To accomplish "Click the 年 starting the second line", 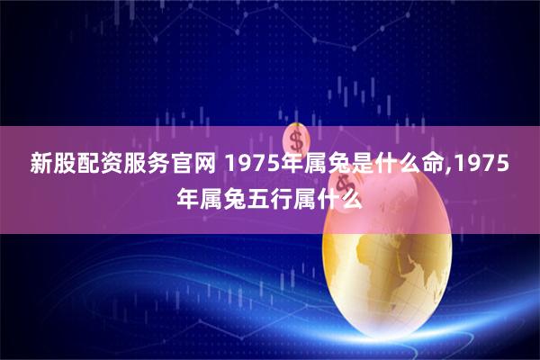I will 187,197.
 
